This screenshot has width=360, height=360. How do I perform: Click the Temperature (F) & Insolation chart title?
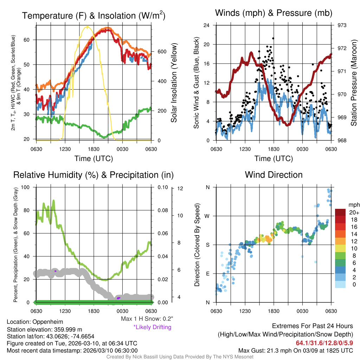click(x=94, y=16)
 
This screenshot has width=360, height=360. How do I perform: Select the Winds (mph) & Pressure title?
click(x=274, y=13)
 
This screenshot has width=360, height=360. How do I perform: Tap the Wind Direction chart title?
click(x=274, y=175)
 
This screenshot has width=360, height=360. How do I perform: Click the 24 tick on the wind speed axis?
click(x=207, y=25)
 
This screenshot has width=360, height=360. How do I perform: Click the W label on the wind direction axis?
click(x=207, y=216)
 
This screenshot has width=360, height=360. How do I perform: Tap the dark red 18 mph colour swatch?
click(x=340, y=219)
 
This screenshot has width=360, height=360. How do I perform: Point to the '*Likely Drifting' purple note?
click(x=152, y=327)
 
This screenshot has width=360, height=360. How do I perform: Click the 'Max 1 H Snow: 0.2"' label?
click(x=147, y=319)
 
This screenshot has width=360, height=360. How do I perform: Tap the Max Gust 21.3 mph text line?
click(x=296, y=350)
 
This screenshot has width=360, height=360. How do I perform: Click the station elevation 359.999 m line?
click(x=44, y=329)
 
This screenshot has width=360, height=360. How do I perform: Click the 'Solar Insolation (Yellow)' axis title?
click(x=174, y=83)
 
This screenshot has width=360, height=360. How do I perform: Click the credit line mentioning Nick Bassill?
click(x=180, y=357)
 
